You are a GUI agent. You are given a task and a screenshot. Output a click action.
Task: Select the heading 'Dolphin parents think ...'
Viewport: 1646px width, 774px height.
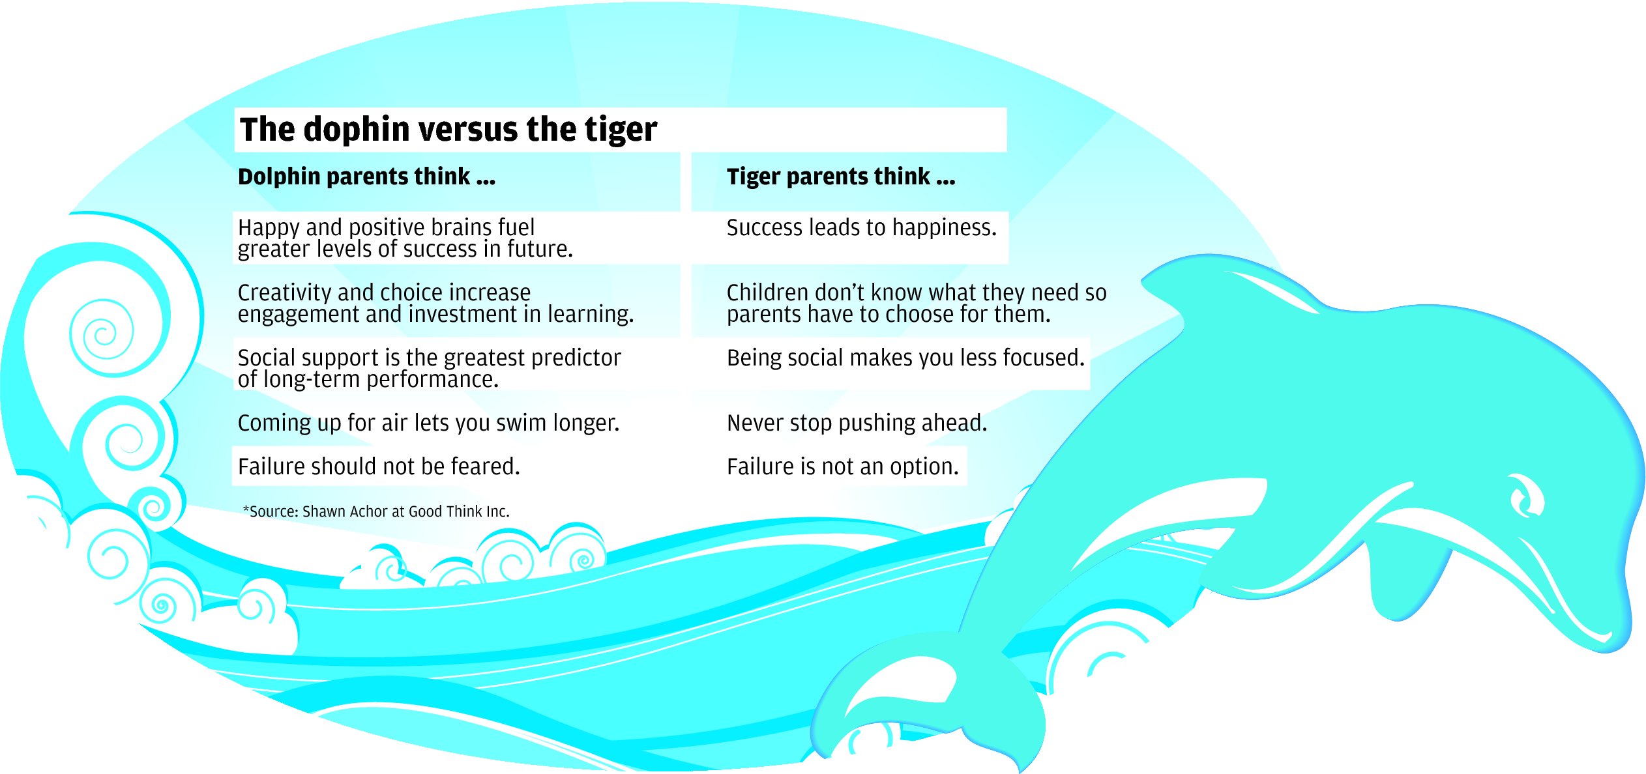tap(366, 177)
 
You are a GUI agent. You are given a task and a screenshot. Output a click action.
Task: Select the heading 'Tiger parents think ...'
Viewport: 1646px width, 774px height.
tap(841, 177)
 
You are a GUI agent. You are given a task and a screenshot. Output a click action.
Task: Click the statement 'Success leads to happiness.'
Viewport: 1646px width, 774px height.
tap(862, 227)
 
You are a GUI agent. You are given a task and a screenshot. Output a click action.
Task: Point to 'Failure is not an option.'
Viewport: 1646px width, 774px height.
tap(843, 466)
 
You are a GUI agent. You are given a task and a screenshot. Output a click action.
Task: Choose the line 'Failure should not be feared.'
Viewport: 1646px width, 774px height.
tap(379, 466)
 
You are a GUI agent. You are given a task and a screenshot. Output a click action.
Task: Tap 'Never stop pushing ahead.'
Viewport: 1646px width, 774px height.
tap(857, 423)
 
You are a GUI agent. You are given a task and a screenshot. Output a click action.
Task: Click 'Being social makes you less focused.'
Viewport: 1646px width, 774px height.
tap(905, 358)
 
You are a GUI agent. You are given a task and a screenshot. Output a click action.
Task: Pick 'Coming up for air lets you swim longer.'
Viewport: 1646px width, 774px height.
tap(428, 423)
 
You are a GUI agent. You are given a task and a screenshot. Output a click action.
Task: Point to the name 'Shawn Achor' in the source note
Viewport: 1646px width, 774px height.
tap(345, 511)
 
